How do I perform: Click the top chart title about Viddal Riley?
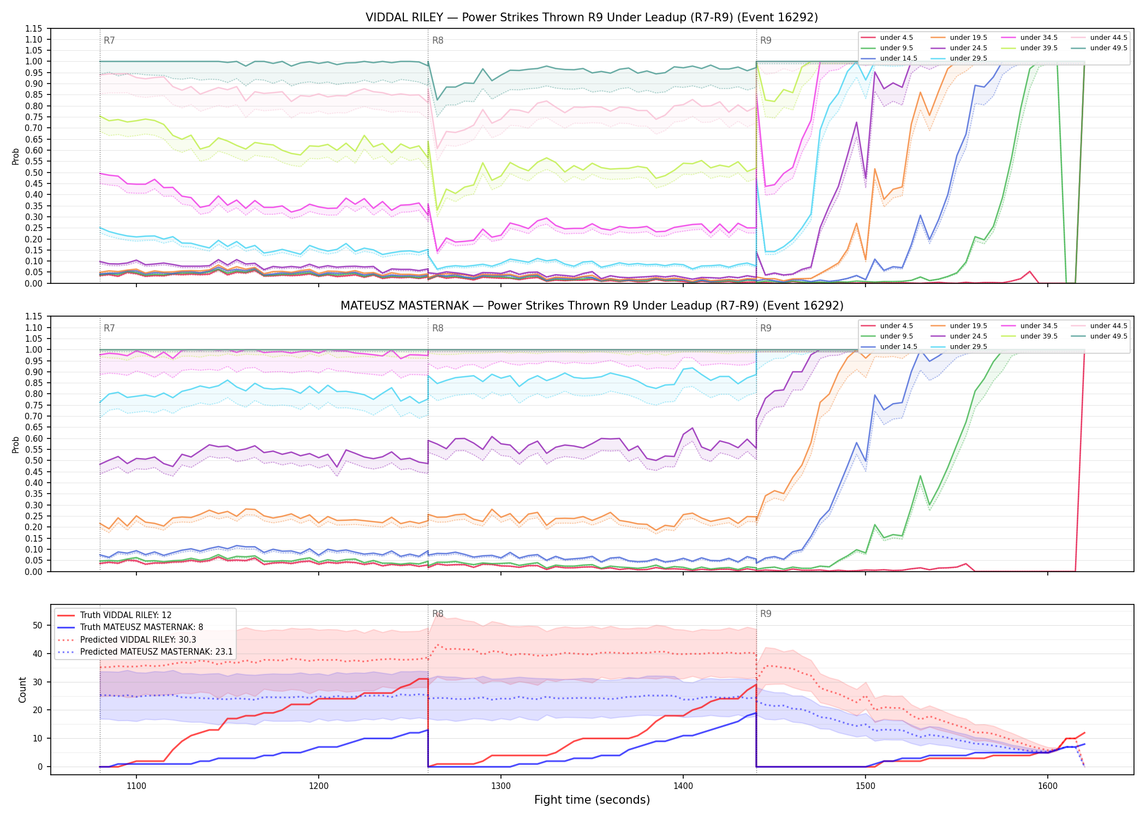pos(592,17)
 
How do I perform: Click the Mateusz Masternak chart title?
pos(592,306)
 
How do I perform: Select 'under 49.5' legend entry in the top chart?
pos(1108,48)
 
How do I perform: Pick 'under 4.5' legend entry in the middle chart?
pos(896,326)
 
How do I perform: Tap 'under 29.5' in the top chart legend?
pos(968,58)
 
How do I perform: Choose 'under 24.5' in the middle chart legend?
pos(968,336)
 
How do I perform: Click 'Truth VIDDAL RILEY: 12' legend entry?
pos(126,615)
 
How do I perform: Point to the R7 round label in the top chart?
pos(109,40)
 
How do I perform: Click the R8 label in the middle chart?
pos(438,328)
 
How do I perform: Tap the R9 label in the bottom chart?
pos(766,614)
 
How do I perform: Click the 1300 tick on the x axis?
pos(501,786)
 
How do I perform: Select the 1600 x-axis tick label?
pos(1047,786)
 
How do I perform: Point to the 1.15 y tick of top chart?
pos(34,28)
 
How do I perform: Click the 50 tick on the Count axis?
pos(37,626)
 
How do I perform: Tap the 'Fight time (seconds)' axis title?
pos(592,800)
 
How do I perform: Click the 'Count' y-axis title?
pos(22,690)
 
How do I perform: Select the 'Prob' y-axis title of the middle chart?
pos(16,444)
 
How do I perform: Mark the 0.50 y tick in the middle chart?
pos(34,461)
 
